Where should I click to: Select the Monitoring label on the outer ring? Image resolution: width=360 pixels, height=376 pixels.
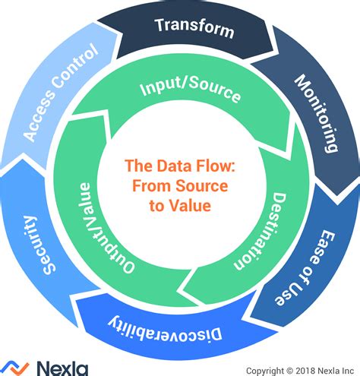pos(314,115)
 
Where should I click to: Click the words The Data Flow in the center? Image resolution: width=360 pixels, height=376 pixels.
pos(179,166)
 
